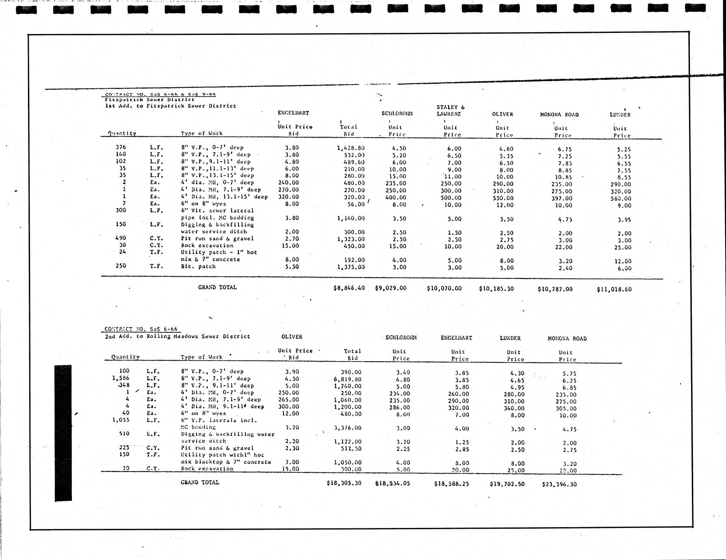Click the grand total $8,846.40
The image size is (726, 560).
pos(349,288)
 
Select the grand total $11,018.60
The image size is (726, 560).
pos(614,289)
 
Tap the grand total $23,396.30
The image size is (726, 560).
pos(559,484)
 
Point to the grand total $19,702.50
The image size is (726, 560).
pos(507,484)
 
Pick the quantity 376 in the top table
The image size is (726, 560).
pos(121,147)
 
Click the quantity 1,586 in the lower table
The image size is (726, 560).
pos(121,378)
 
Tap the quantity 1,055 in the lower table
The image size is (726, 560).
pos(121,420)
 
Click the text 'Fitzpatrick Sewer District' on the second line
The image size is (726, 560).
pos(150,99)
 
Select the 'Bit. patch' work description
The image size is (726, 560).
pos(198,267)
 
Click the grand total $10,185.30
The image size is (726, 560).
pos(496,289)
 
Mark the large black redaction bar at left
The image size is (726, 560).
pos(63,433)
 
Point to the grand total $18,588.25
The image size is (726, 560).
pos(451,484)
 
